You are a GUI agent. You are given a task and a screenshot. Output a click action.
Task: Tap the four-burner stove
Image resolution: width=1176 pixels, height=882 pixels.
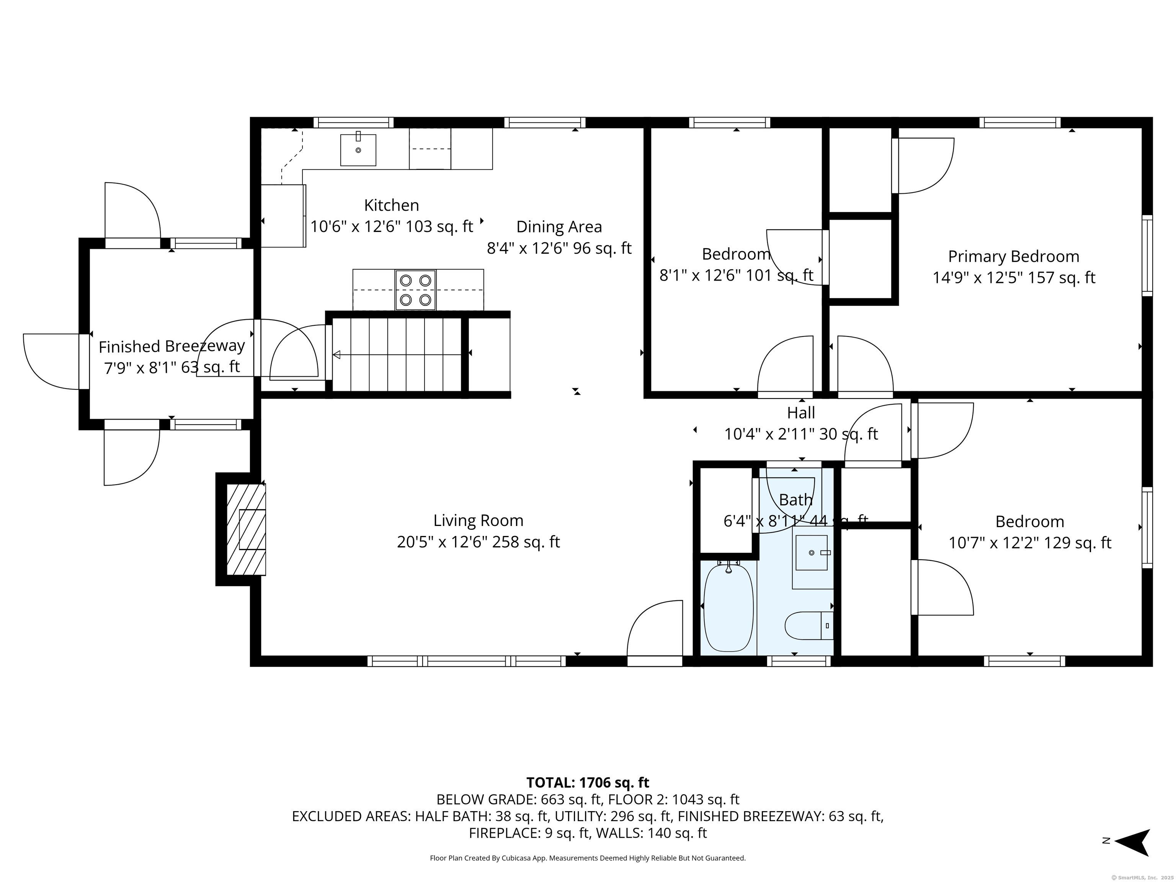pyautogui.click(x=415, y=290)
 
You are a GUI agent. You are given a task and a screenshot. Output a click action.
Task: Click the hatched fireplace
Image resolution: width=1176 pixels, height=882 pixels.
pyautogui.click(x=246, y=529)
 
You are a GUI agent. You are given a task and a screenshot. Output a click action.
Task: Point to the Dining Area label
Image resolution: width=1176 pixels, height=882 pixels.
pyautogui.click(x=559, y=227)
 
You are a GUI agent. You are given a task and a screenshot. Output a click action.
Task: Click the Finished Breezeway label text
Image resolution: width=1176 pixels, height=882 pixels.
pyautogui.click(x=172, y=346)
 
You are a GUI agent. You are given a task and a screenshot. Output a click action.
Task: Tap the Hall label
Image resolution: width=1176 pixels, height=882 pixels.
pyautogui.click(x=801, y=413)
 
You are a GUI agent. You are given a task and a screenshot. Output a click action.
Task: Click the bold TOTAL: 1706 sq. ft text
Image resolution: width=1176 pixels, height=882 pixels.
pyautogui.click(x=588, y=782)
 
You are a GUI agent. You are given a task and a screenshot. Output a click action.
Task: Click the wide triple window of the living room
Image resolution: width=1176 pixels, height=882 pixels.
pyautogui.click(x=467, y=661)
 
